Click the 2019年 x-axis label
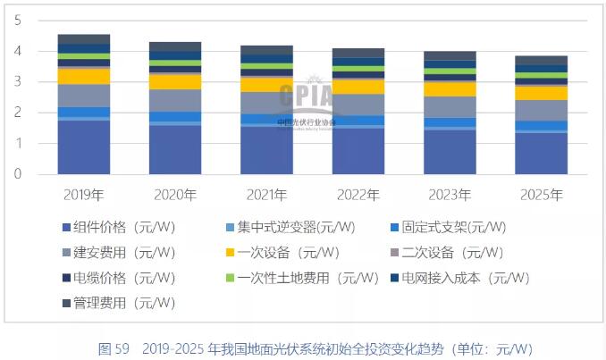pyautogui.click(x=83, y=195)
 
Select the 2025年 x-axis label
pyautogui.click(x=541, y=195)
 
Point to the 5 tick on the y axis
pyautogui.click(x=19, y=21)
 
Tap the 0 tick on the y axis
pyautogui.click(x=19, y=174)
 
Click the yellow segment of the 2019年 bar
pyautogui.click(x=83, y=76)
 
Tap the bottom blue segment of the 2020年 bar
pyautogui.click(x=174, y=149)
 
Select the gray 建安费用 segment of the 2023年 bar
pyautogui.click(x=449, y=107)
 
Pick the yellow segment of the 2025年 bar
pyautogui.click(x=541, y=93)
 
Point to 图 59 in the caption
pyautogui.click(x=114, y=347)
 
